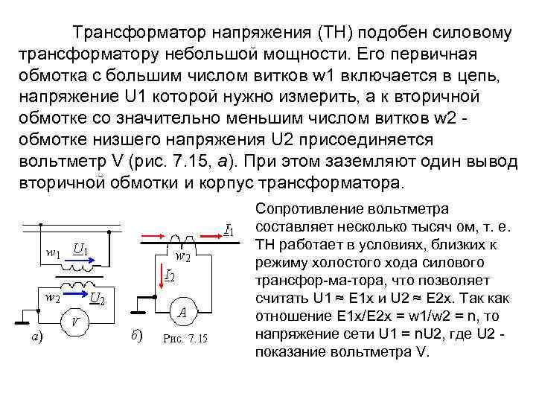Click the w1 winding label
(x=53, y=253)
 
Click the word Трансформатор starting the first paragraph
(x=140, y=33)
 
